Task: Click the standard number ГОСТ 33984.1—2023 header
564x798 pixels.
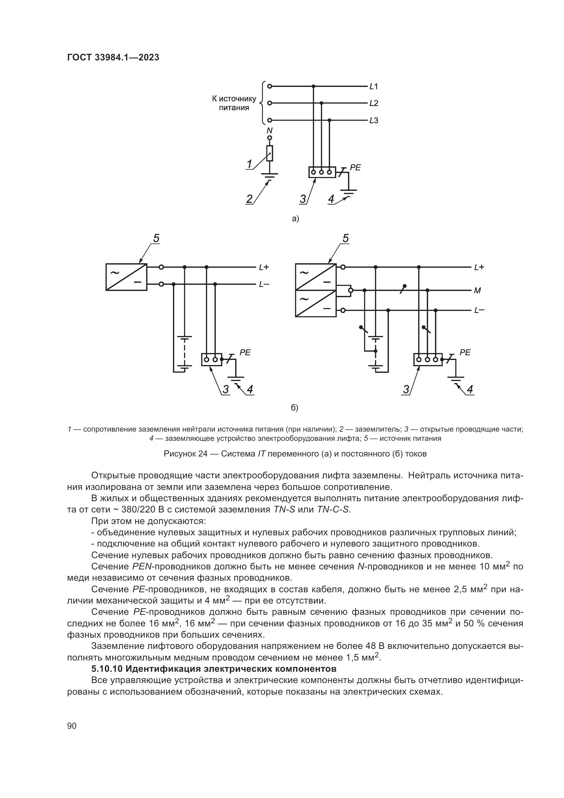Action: pyautogui.click(x=113, y=58)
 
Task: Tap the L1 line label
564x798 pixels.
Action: pyautogui.click(x=374, y=87)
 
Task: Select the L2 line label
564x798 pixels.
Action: pyautogui.click(x=374, y=103)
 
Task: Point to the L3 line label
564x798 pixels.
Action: pyautogui.click(x=374, y=120)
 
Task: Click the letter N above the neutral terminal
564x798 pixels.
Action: pyautogui.click(x=269, y=131)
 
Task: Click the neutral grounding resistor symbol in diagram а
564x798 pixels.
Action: pyautogui.click(x=269, y=153)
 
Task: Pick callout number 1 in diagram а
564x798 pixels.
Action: pyautogui.click(x=249, y=164)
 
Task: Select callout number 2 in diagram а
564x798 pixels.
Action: pyautogui.click(x=249, y=199)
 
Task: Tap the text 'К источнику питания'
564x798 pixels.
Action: pyautogui.click(x=234, y=103)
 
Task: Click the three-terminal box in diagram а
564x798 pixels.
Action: pyautogui.click(x=322, y=172)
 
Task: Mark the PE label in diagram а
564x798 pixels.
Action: pyautogui.click(x=355, y=168)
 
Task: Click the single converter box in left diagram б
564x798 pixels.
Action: pyautogui.click(x=127, y=277)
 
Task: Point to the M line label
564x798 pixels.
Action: pyautogui.click(x=477, y=291)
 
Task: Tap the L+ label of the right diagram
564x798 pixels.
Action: pyautogui.click(x=479, y=267)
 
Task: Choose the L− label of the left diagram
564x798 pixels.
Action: pyautogui.click(x=264, y=284)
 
